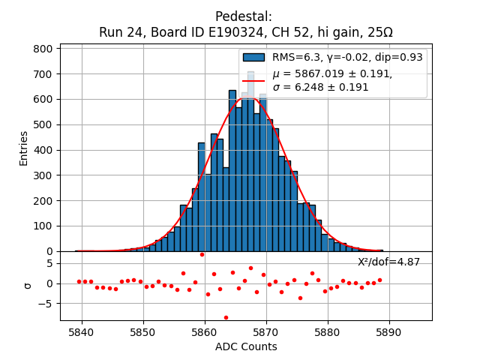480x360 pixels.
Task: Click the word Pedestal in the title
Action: pos(243,16)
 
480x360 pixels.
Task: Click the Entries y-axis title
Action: pos(24,148)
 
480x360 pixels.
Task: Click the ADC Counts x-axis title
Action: pos(246,346)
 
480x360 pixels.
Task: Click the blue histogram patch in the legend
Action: pos(253,57)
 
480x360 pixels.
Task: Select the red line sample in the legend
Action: pos(253,80)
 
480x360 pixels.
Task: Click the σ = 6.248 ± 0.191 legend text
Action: pos(320,87)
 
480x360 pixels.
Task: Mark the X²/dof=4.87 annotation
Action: pos(388,262)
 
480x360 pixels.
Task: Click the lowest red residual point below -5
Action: pos(226,317)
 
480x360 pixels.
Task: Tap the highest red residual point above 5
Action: pos(202,254)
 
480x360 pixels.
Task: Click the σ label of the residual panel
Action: pos(28,284)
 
